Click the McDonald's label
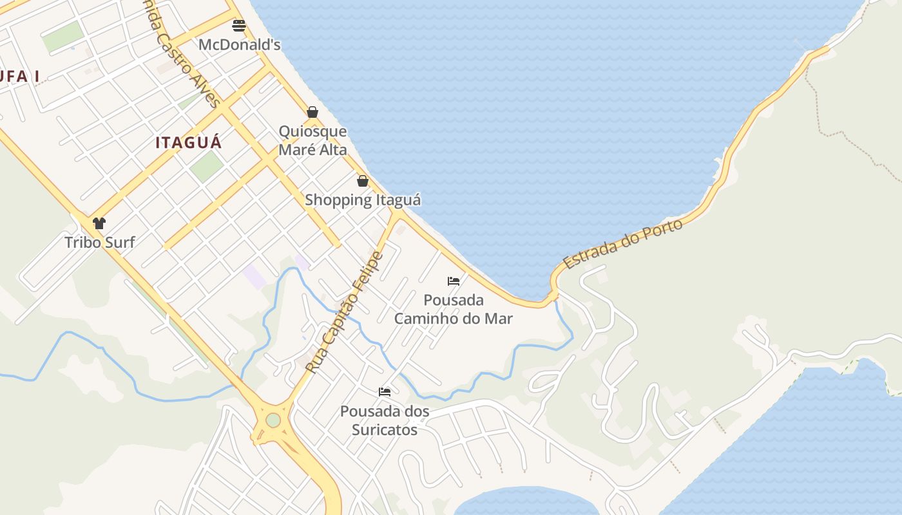coord(239,45)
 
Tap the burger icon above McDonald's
coord(239,26)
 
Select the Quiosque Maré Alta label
coord(312,140)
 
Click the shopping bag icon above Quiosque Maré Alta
coord(312,112)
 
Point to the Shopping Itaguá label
coord(363,200)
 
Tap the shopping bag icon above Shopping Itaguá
coord(363,181)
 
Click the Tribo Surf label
coord(100,243)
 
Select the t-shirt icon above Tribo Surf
coord(99,223)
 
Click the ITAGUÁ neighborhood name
coord(189,143)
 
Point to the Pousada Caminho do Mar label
coord(454,309)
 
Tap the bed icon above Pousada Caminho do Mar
coord(454,281)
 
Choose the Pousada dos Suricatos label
coord(385,420)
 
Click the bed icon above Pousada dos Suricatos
coord(385,391)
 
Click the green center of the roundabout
coord(273,420)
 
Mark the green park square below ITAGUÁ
coord(206,166)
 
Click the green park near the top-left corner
coord(63,36)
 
